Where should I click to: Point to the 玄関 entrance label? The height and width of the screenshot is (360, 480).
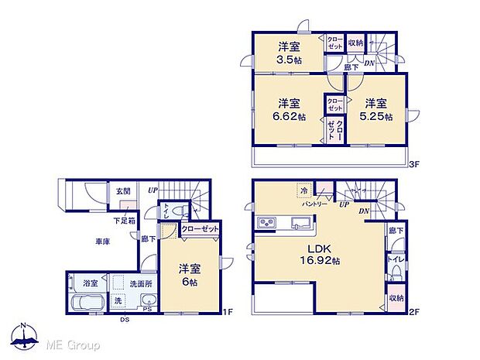pyautogui.click(x=124, y=190)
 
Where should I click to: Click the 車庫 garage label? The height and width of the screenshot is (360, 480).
pyautogui.click(x=102, y=242)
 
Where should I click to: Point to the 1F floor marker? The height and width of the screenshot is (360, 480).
pyautogui.click(x=227, y=313)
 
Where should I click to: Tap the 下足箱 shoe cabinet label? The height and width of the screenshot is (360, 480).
pyautogui.click(x=124, y=221)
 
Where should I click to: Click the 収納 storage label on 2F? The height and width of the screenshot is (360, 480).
pyautogui.click(x=396, y=297)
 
